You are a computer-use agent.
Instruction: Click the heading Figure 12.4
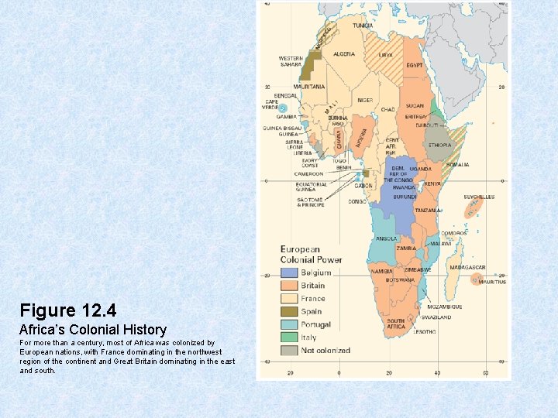(x=68, y=311)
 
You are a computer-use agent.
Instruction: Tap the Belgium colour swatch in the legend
(x=289, y=272)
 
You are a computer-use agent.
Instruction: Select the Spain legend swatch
(x=289, y=311)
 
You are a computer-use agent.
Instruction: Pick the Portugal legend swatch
(x=289, y=324)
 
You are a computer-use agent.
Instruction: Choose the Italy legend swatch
(x=289, y=337)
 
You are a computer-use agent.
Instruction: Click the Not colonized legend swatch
(x=289, y=351)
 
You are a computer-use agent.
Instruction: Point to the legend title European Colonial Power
(x=311, y=255)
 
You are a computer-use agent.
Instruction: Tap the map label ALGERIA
(x=343, y=54)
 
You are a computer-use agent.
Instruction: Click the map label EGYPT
(x=414, y=65)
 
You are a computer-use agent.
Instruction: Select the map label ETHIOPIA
(x=439, y=145)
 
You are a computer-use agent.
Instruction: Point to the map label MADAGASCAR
(x=469, y=267)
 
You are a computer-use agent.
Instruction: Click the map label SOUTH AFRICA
(x=395, y=323)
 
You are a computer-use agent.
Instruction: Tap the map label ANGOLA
(x=385, y=238)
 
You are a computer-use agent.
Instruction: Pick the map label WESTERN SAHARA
(x=291, y=61)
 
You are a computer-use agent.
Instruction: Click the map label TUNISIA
(x=363, y=26)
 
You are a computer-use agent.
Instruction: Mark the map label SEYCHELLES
(x=479, y=197)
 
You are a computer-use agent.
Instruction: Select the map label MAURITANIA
(x=309, y=87)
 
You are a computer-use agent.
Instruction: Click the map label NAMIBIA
(x=381, y=272)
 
